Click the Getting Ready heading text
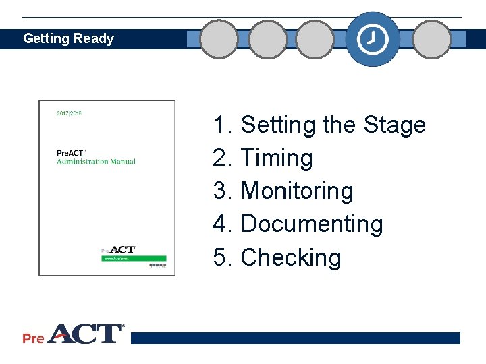[x=68, y=38]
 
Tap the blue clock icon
[x=373, y=39]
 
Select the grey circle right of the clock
[x=431, y=39]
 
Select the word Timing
[x=277, y=158]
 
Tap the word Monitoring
[x=297, y=191]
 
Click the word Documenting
[x=312, y=224]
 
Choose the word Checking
[x=291, y=257]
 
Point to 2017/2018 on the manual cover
[x=69, y=113]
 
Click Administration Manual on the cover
[x=96, y=162]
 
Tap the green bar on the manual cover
[x=134, y=257]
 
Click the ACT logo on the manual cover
[x=122, y=250]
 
